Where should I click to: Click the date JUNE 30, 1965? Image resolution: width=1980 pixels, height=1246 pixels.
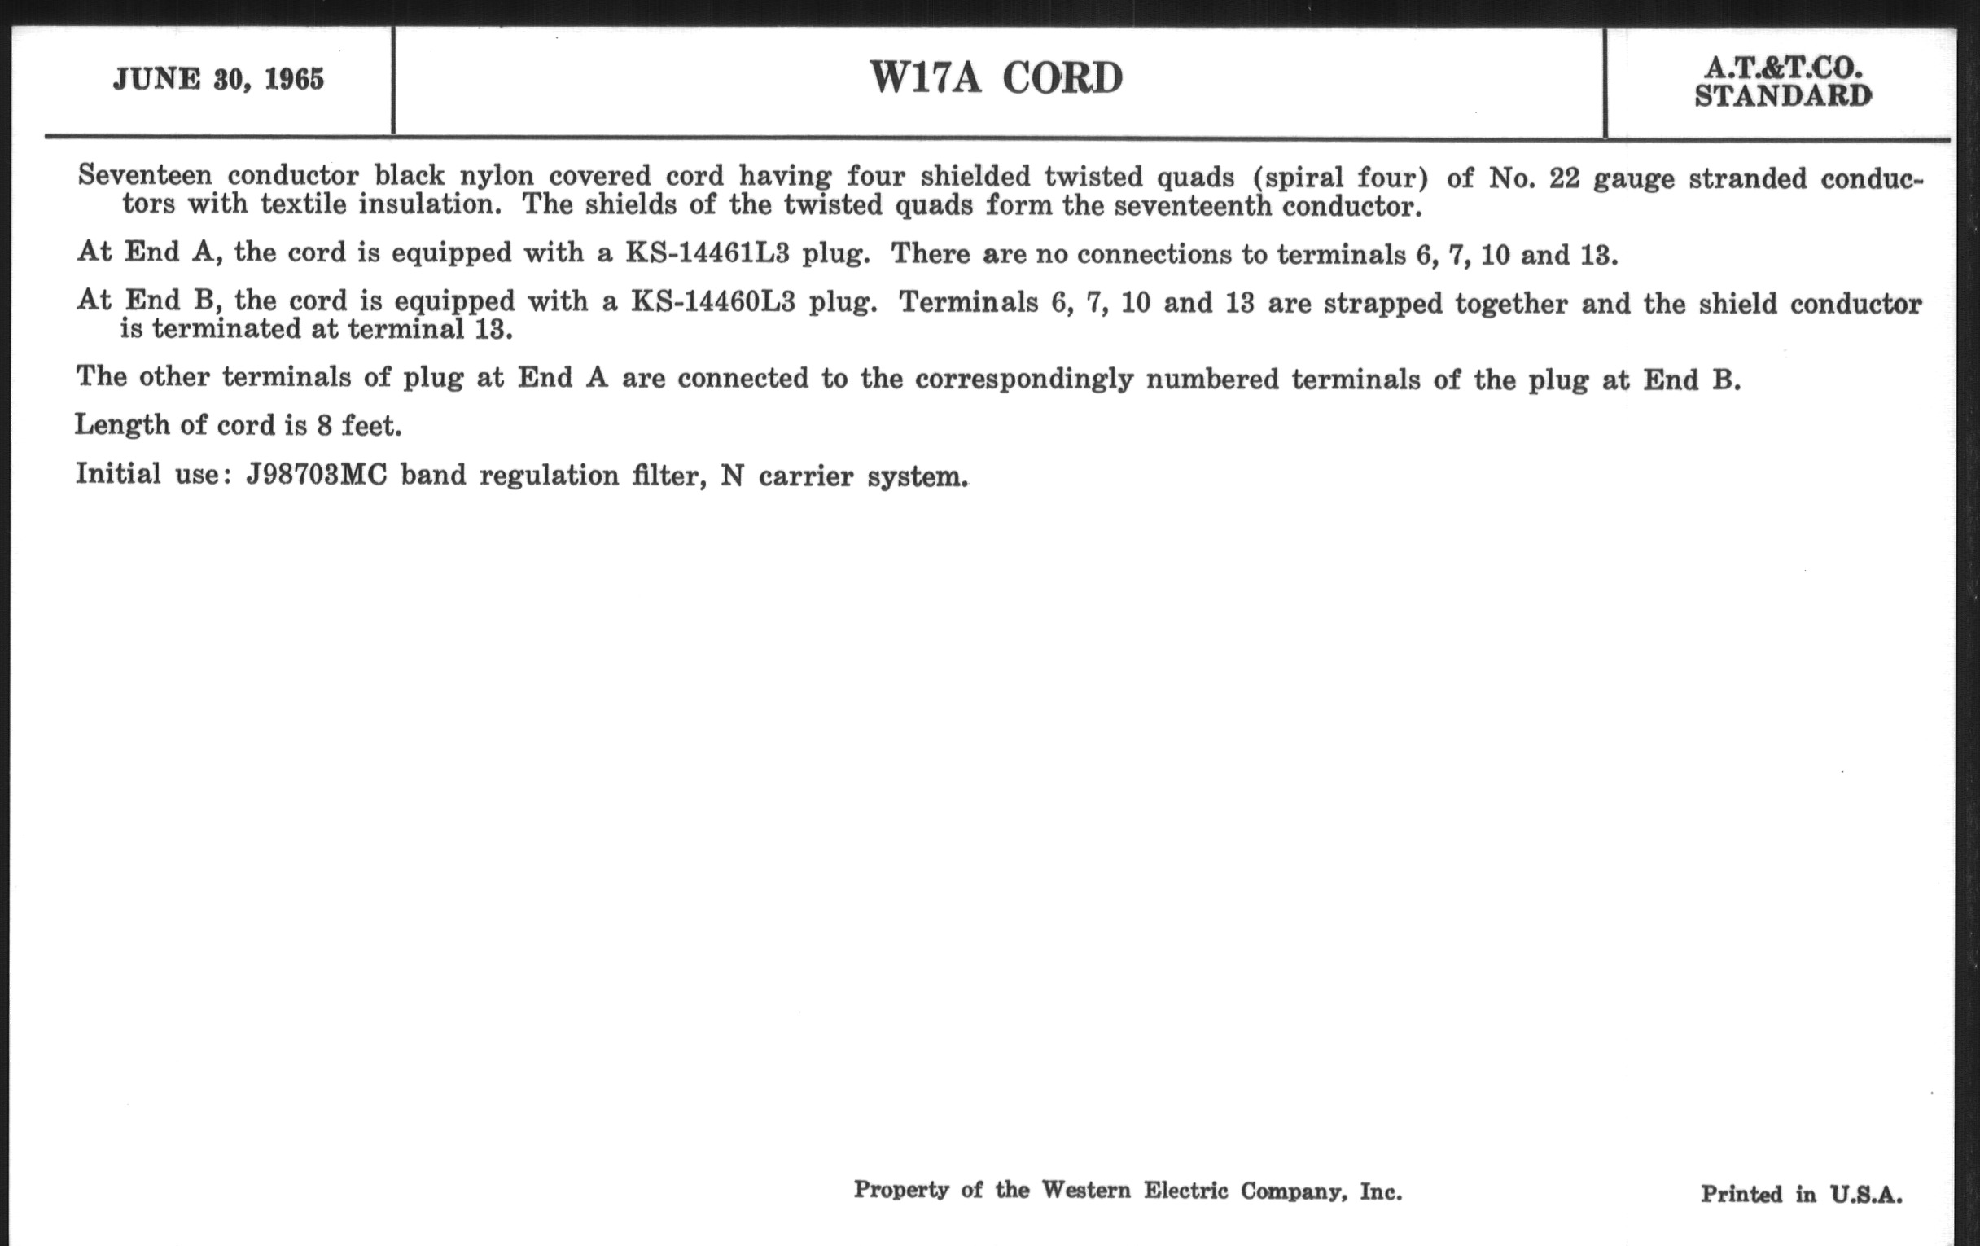click(x=219, y=79)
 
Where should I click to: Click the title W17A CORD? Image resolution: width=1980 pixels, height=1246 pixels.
click(x=996, y=78)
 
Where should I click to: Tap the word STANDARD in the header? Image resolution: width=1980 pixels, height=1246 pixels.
click(x=1783, y=96)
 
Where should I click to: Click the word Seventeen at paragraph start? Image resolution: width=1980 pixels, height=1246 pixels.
click(x=145, y=175)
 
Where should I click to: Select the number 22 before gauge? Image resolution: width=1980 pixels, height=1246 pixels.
click(x=1564, y=178)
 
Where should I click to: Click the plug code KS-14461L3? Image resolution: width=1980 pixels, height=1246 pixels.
click(x=707, y=253)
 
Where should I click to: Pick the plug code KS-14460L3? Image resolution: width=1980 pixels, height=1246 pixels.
click(x=713, y=302)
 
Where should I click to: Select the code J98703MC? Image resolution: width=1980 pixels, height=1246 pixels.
click(x=317, y=476)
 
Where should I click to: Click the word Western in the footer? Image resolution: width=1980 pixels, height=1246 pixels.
click(x=1086, y=1190)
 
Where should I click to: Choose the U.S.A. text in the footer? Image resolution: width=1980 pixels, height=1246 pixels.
click(x=1866, y=1194)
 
